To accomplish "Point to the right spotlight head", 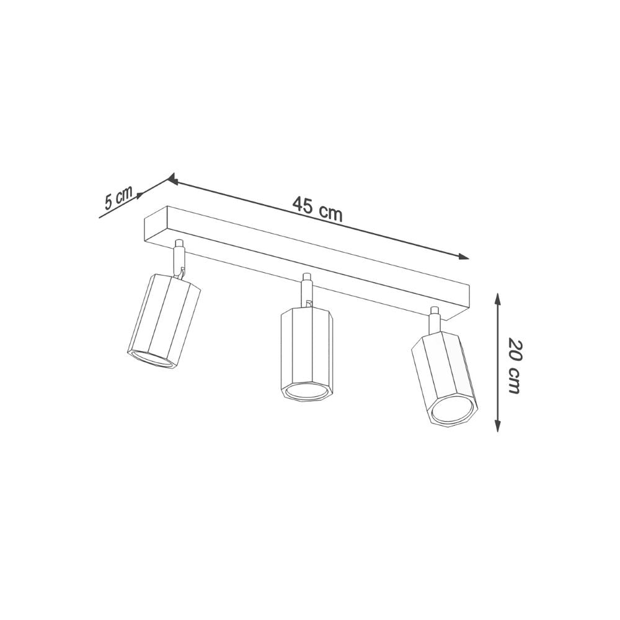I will click(445, 378).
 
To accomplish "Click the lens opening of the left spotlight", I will click(154, 360).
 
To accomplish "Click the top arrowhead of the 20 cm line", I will click(497, 298).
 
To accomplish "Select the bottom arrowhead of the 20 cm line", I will click(497, 427).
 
